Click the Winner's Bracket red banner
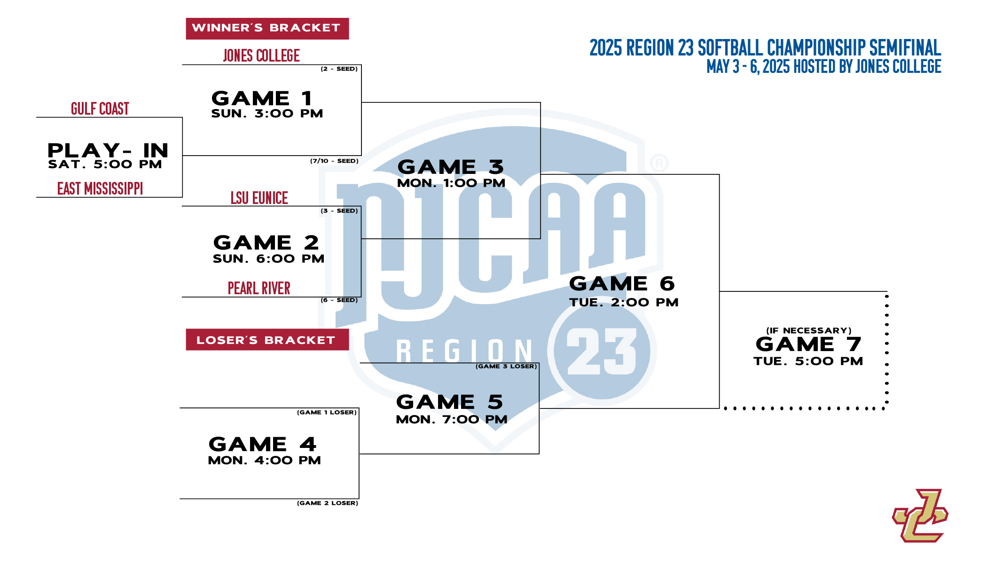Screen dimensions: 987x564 (x=267, y=29)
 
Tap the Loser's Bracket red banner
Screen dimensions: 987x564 (x=267, y=339)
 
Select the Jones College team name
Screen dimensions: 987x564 (x=261, y=55)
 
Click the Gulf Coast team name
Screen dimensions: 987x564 (x=100, y=109)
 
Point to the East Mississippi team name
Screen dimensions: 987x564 (x=100, y=188)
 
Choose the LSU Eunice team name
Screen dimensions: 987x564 (x=259, y=198)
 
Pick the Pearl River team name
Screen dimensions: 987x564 (x=259, y=288)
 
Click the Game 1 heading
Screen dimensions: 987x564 (x=262, y=98)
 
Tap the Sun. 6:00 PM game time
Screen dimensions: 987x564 (x=268, y=258)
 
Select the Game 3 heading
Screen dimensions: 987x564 (x=451, y=167)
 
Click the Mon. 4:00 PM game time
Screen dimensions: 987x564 (x=264, y=460)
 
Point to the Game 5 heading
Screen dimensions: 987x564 (x=450, y=402)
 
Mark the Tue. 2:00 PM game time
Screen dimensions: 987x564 (x=624, y=302)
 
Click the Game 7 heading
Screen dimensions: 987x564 (x=808, y=344)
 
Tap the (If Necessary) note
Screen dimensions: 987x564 (x=809, y=330)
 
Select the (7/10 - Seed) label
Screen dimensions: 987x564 (x=334, y=161)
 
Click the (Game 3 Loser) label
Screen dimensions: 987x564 (x=506, y=366)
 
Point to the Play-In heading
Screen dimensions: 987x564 (x=108, y=150)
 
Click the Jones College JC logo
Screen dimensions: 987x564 (x=920, y=516)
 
